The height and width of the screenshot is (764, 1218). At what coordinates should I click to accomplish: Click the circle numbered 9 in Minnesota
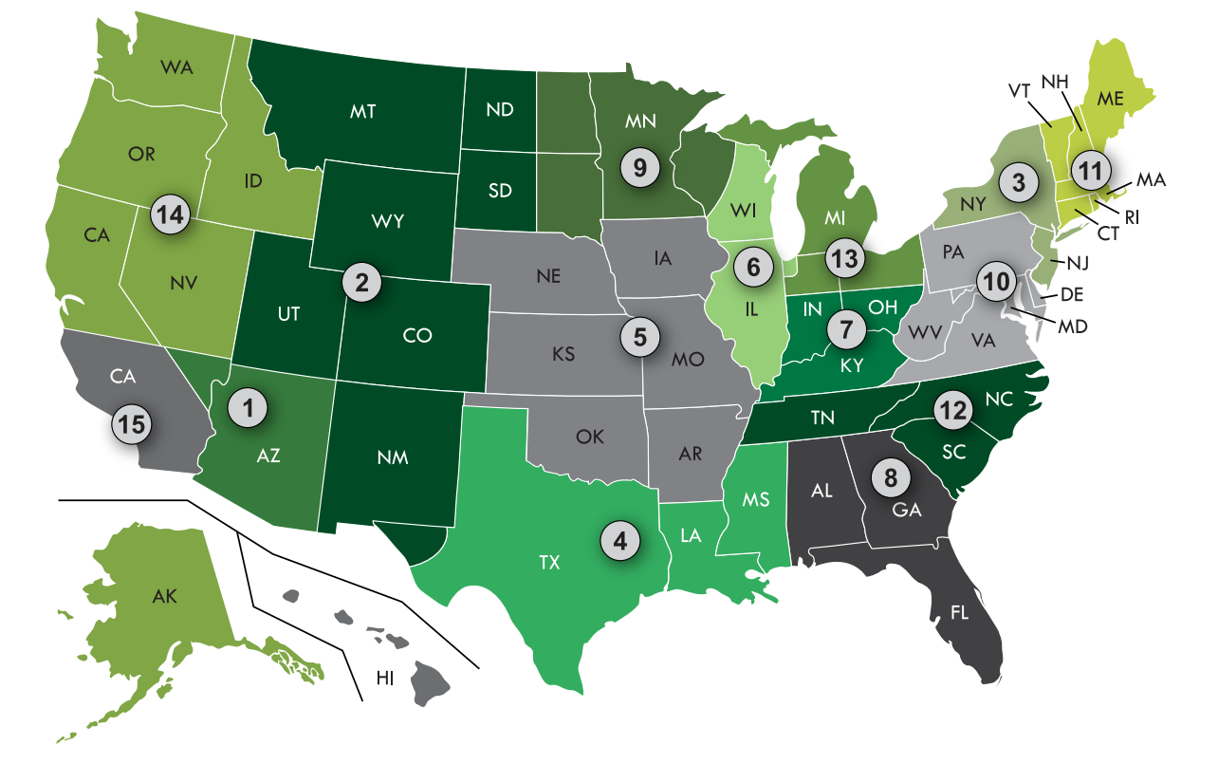[x=639, y=168]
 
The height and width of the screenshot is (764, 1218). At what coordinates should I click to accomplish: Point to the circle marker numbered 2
[x=361, y=281]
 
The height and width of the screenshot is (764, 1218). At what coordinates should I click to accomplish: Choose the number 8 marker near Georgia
[x=891, y=477]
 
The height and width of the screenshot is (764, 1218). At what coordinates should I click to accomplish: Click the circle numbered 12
[x=951, y=409]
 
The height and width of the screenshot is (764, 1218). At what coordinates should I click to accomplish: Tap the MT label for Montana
[x=362, y=111]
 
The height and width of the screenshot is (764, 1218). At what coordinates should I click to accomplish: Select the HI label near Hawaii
[x=385, y=678]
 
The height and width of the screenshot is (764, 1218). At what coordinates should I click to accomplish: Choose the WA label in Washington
[x=177, y=67]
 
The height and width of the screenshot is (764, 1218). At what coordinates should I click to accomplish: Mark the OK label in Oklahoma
[x=589, y=438]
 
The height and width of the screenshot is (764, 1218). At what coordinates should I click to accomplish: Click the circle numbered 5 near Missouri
[x=640, y=335]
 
